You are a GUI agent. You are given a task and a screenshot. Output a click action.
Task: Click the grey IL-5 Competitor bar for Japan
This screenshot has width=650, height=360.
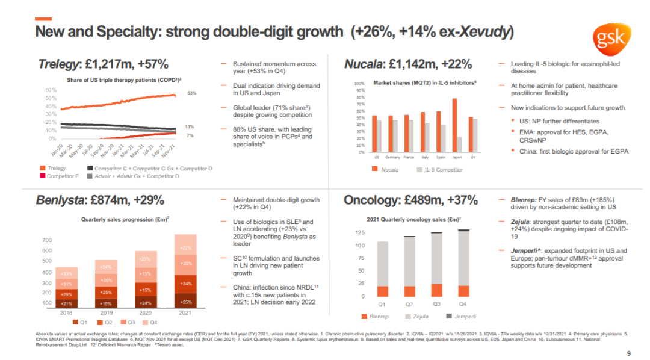[460, 144]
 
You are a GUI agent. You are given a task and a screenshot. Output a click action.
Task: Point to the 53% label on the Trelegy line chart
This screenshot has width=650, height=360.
[191, 93]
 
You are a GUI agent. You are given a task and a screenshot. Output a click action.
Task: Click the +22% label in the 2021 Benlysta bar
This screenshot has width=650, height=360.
[185, 248]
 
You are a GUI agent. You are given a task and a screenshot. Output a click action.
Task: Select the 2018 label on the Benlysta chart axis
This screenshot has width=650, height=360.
[66, 313]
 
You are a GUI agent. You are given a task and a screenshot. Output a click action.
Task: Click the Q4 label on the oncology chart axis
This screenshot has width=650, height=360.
[463, 305]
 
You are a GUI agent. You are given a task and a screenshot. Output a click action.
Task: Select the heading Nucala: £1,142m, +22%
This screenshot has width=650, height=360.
[407, 64]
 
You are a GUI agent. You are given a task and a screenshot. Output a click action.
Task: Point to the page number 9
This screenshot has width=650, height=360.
[628, 353]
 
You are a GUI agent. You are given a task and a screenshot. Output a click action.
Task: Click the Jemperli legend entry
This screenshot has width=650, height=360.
[462, 316]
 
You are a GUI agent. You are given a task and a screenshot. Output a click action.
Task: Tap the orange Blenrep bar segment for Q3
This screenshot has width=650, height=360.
[437, 290]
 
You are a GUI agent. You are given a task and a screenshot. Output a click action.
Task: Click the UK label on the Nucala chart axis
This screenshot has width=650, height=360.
[474, 157]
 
